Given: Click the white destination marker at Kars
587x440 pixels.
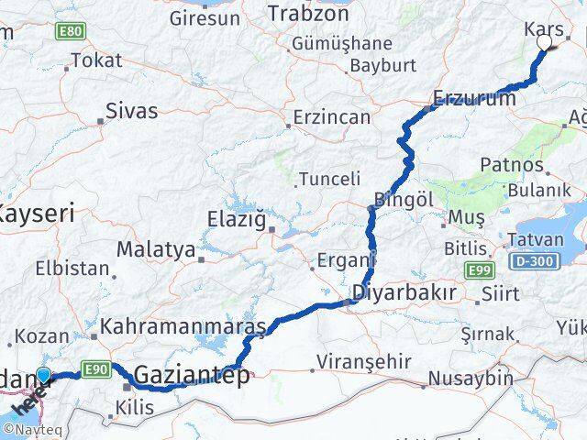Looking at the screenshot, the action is (x=545, y=42).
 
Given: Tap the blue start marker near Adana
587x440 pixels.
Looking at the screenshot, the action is (x=43, y=375).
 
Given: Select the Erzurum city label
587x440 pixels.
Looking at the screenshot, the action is (x=474, y=98).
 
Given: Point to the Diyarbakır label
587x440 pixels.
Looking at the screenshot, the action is (x=404, y=293).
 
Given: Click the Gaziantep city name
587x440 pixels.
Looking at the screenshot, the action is (x=192, y=375).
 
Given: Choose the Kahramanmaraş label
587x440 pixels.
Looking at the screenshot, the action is (x=183, y=326).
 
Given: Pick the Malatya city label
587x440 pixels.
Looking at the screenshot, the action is (x=156, y=249).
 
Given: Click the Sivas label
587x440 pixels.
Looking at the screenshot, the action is (x=131, y=112).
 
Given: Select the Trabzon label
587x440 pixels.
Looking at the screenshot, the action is (x=302, y=13).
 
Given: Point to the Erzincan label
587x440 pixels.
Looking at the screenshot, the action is (x=332, y=117).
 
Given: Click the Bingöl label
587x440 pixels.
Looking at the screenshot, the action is (x=403, y=199).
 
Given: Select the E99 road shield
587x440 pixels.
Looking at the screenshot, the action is (x=478, y=269).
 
